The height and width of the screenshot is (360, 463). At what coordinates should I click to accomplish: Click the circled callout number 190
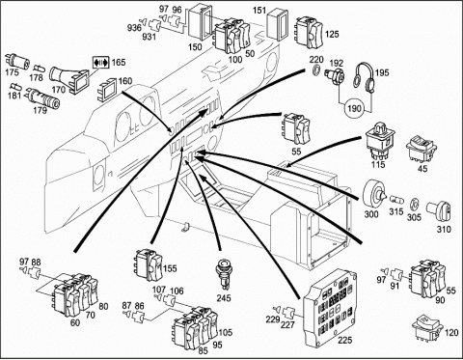[x=354, y=108]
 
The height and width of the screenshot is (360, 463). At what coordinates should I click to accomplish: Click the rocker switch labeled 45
[x=421, y=149]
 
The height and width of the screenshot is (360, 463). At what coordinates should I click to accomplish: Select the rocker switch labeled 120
[x=427, y=328]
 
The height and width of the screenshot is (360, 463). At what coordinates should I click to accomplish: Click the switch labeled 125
[x=309, y=33]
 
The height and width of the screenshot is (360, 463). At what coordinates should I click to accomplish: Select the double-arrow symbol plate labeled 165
[x=101, y=63]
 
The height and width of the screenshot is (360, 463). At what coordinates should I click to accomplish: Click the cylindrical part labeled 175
[x=16, y=61]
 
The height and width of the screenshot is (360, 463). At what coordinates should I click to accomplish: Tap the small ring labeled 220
[x=316, y=69]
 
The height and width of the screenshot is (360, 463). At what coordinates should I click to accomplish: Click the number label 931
[x=149, y=37]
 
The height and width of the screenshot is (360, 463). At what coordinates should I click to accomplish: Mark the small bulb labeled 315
[x=396, y=200]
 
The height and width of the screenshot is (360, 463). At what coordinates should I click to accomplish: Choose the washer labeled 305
[x=415, y=205]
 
